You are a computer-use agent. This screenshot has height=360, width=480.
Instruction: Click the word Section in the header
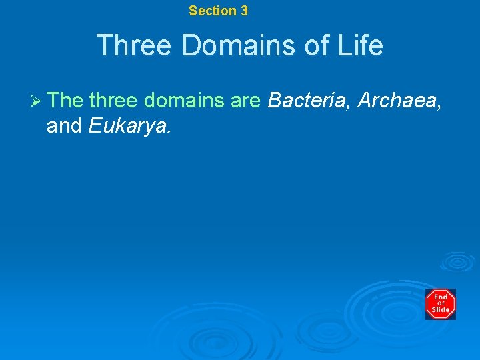(212, 11)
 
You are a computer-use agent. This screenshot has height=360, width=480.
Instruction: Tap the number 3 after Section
(244, 11)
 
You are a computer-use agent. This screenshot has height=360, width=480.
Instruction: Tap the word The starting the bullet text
(65, 100)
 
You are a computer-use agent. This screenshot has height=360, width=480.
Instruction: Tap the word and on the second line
(64, 125)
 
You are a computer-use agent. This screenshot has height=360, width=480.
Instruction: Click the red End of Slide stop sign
(441, 304)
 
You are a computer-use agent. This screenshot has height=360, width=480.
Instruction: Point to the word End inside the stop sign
(441, 297)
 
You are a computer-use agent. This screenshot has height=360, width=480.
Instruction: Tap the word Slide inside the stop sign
(441, 310)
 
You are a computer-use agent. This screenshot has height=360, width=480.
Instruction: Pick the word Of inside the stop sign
(441, 304)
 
